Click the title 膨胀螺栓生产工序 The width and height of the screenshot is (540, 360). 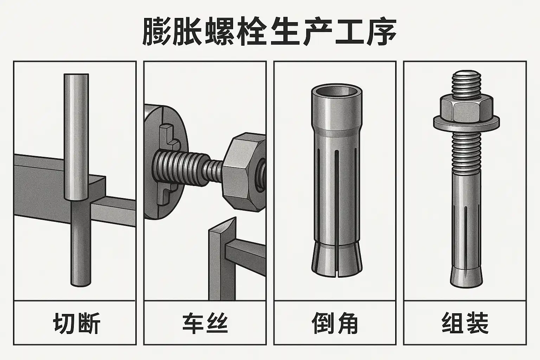click(270, 31)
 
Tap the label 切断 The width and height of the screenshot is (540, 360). click(76, 323)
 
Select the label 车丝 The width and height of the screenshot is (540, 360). click(205, 323)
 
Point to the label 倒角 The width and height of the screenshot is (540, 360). click(335, 323)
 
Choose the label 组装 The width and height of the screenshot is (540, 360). click(465, 323)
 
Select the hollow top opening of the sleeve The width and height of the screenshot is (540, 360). click(336, 92)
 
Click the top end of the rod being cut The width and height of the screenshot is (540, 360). click(76, 75)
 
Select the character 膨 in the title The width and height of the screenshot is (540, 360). click(157, 31)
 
